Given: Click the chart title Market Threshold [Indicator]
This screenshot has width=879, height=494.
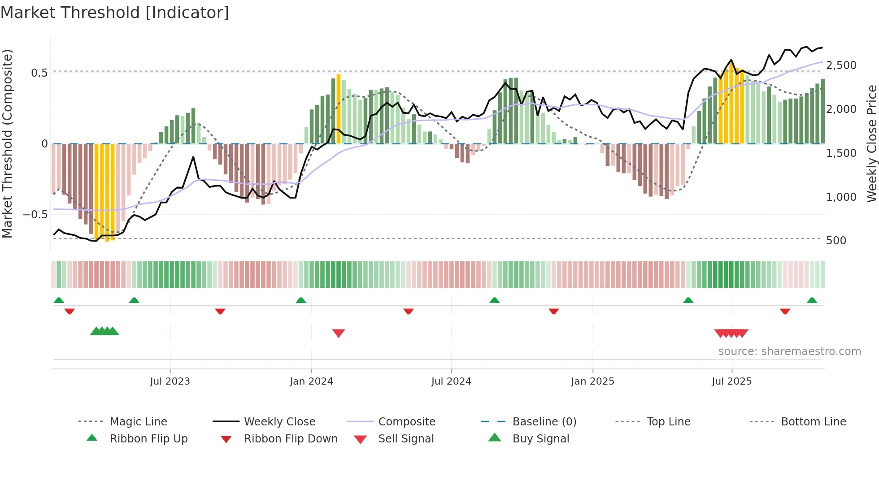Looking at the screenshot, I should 115,13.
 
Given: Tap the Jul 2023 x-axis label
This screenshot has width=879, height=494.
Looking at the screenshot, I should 170,381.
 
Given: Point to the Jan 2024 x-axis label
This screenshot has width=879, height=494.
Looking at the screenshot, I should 311,381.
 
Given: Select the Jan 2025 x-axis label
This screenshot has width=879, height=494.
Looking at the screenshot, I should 592,381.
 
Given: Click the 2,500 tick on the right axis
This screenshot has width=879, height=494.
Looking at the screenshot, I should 841,65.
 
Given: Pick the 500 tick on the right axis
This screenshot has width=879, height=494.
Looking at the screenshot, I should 836,241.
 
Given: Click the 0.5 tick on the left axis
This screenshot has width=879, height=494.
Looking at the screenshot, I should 39,73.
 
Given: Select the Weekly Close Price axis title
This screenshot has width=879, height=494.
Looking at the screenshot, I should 871,143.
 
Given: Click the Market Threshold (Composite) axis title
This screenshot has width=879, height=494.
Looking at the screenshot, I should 7,143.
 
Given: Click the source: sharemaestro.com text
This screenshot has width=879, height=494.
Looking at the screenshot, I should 789,351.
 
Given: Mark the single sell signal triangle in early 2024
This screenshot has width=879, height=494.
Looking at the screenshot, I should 339,333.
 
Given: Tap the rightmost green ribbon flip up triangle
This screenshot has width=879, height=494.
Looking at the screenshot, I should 812,300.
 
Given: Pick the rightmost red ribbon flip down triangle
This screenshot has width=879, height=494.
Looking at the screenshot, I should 785,311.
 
